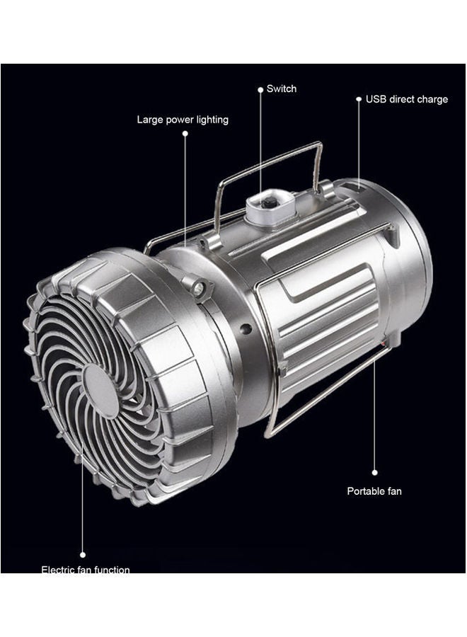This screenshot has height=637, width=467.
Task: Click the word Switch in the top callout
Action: click(282, 89)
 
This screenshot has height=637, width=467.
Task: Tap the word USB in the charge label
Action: click(376, 100)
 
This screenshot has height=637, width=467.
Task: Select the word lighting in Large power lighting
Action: click(210, 120)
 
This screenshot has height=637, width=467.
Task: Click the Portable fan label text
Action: click(374, 490)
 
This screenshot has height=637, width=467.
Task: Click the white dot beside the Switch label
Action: click(260, 89)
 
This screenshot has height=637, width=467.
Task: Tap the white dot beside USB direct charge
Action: click(359, 100)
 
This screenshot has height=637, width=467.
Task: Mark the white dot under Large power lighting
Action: click(185, 132)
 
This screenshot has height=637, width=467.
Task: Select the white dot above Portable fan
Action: click(374, 472)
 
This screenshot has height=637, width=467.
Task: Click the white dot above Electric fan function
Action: click(83, 555)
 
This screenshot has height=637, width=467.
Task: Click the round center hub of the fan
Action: click(101, 390)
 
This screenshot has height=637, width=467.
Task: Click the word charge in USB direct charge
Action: click(432, 100)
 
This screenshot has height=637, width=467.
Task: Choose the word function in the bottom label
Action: click(110, 569)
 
